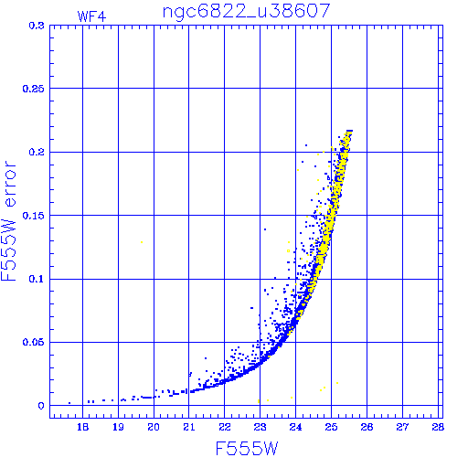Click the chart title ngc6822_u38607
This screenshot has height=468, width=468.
pos(246,12)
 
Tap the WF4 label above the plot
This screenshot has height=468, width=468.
pos(91,16)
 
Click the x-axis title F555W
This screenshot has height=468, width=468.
pos(247,449)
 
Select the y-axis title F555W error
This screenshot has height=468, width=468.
pos(8,220)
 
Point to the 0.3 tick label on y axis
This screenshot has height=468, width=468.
pos(37,26)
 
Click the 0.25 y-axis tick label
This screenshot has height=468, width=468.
pos(34,89)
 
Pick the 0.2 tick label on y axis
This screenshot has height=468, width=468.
pos(37,152)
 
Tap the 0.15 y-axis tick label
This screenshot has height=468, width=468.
pos(34,216)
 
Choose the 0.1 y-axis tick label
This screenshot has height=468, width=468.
pos(37,279)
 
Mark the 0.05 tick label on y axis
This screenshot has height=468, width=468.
pos(34,342)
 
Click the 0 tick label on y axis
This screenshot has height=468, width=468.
pos(41,406)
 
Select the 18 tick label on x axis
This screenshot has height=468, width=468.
pos(82,427)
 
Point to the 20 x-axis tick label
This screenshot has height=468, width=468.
pos(154,427)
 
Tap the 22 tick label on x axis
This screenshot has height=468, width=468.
pos(225,427)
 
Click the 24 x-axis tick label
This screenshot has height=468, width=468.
pos(295,427)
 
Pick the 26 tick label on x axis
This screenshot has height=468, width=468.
pos(367,427)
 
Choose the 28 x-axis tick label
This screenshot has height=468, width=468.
pos(438,427)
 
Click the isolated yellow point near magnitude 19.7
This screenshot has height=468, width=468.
pos(142,242)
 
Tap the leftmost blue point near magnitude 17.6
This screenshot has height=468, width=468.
pos(69,403)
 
